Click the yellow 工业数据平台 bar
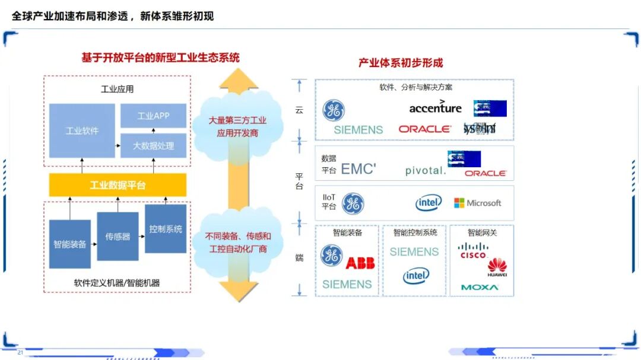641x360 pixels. click(118, 186)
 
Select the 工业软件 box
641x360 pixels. click(82, 130)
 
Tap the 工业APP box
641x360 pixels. click(153, 116)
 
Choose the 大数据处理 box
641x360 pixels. click(153, 145)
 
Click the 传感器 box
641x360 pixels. click(118, 236)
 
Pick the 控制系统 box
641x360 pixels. click(166, 228)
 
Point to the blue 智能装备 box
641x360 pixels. click(69, 244)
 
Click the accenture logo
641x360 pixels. click(435, 107)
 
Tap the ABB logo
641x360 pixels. click(360, 263)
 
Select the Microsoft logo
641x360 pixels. click(478, 203)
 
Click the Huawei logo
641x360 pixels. click(497, 267)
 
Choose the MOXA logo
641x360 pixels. click(480, 288)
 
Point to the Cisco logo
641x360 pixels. click(473, 251)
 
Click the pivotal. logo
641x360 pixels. click(425, 171)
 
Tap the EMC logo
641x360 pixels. click(358, 169)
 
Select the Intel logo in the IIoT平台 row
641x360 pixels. click(429, 203)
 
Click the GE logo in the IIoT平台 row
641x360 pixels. click(353, 203)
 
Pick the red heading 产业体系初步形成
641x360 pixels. click(401, 63)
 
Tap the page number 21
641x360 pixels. click(20, 353)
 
